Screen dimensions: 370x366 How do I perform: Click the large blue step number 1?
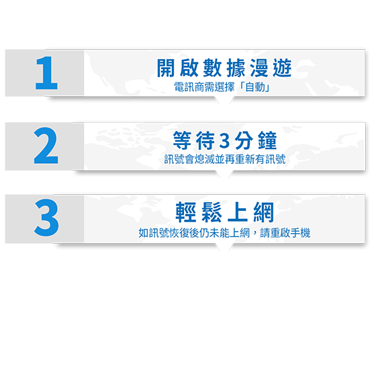pos(46,73)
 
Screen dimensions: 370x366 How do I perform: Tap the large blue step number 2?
pos(46,145)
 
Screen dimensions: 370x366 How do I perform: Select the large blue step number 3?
pos(46,218)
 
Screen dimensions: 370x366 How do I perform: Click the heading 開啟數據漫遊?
pos(224,68)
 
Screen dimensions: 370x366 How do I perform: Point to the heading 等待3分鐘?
pos(225,140)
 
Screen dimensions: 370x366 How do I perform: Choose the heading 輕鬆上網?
pos(225,212)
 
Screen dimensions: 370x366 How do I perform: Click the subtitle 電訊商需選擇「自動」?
pos(222,87)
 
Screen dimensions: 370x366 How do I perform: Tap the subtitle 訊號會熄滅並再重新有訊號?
pos(225,159)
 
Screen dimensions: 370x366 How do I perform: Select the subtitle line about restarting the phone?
pos(224,233)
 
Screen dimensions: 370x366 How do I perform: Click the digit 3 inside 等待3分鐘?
pos(224,140)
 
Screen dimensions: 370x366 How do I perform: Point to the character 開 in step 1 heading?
pos(166,68)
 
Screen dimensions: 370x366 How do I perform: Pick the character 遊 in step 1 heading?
pos(283,68)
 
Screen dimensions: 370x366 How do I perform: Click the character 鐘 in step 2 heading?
pos(267,140)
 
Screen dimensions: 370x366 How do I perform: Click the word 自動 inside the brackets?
pos(255,87)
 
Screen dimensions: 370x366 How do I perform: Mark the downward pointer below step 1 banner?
pos(224,100)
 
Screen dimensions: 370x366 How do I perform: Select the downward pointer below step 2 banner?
pos(224,174)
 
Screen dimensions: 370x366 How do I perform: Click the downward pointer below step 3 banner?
pos(224,247)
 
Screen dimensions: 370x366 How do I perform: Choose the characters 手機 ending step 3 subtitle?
pos(300,233)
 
